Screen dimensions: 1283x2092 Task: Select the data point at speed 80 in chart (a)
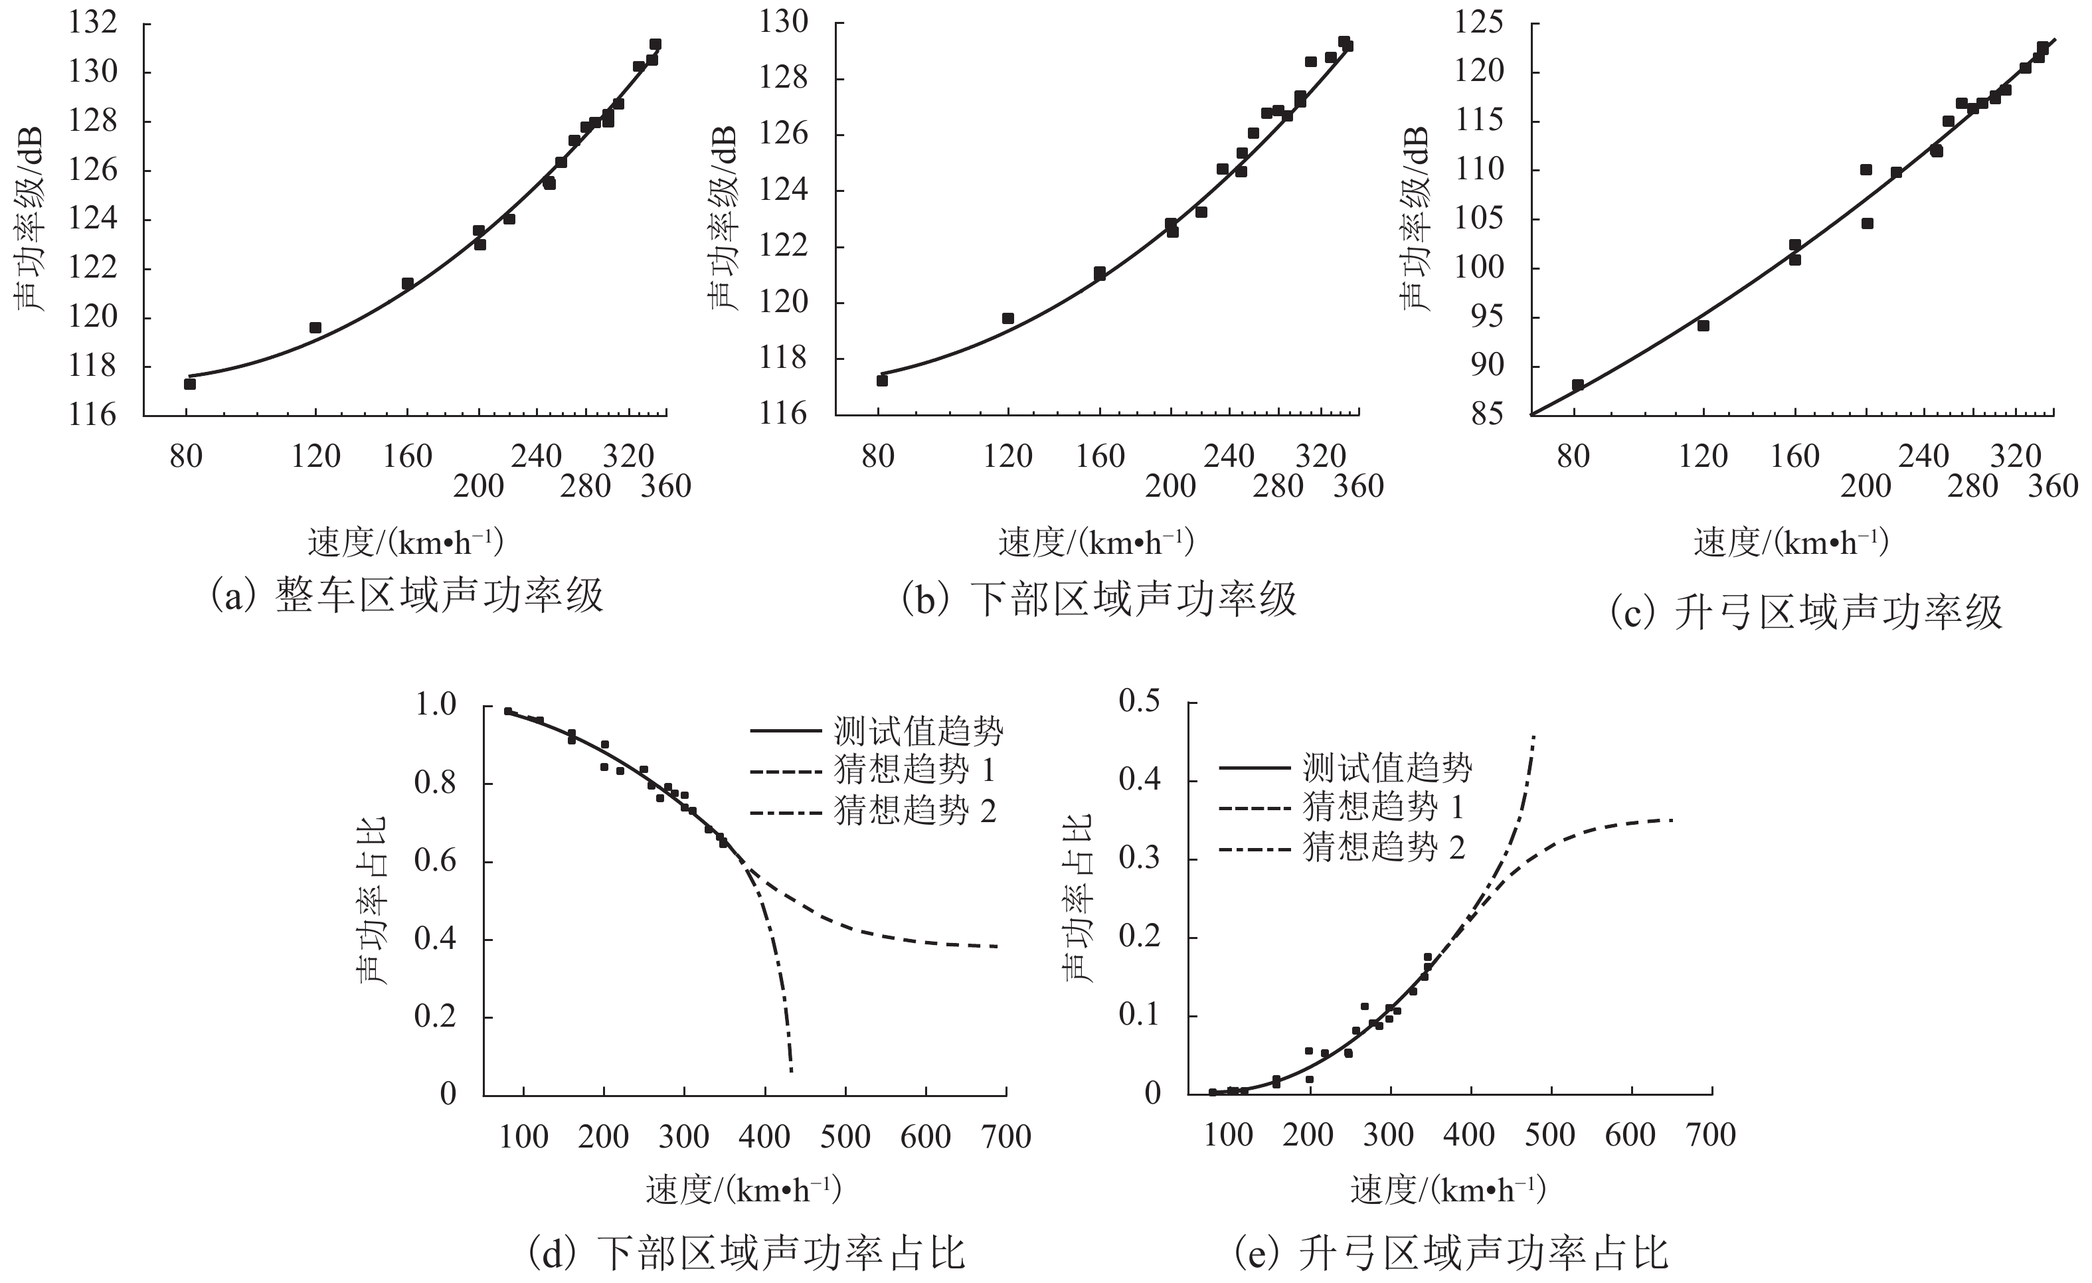(189, 384)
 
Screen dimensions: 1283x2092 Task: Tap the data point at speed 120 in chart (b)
(1007, 318)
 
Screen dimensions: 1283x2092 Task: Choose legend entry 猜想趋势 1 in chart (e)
(1383, 807)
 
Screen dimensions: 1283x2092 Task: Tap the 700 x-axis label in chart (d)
(1006, 1137)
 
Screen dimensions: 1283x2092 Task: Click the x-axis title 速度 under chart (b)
(1095, 543)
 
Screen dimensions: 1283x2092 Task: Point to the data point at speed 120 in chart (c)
(1702, 325)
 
